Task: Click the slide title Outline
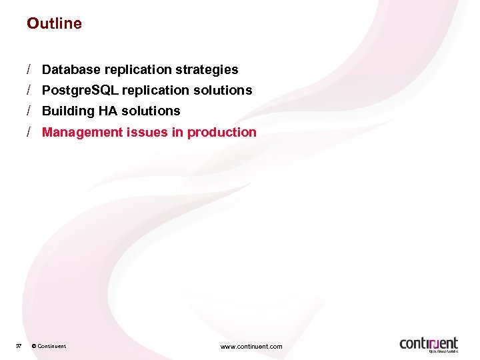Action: (54, 23)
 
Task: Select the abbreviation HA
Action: (107, 111)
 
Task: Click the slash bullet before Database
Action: (30, 69)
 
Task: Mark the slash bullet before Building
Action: (30, 111)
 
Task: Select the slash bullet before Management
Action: (30, 132)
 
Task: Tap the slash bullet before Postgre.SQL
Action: (30, 90)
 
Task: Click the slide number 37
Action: (19, 346)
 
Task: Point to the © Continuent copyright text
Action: (49, 346)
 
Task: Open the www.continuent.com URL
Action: (251, 346)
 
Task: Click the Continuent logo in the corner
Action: (429, 344)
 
